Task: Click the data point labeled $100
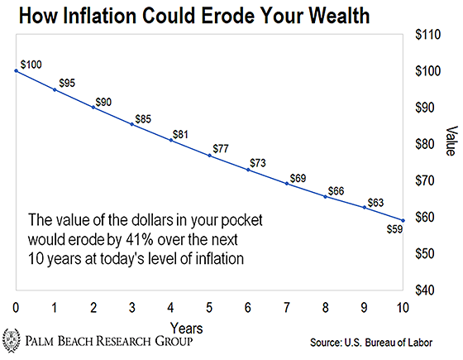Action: pos(17,71)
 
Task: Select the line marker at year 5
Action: pos(210,156)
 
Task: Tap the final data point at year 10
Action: pos(403,220)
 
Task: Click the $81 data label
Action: pos(180,134)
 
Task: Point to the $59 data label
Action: pos(395,229)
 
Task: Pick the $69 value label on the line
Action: pos(298,178)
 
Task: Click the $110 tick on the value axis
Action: pos(428,35)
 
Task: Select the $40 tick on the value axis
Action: pos(425,290)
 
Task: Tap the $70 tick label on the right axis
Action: pos(425,180)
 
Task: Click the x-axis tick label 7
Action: pos(287,308)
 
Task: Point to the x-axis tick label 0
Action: pos(16,308)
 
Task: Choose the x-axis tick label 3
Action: pos(132,308)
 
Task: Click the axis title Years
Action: pos(187,329)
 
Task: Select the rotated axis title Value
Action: pos(451,141)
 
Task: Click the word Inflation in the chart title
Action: pos(100,16)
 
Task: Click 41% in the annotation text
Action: pos(140,239)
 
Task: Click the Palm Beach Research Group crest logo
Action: pos(12,340)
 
